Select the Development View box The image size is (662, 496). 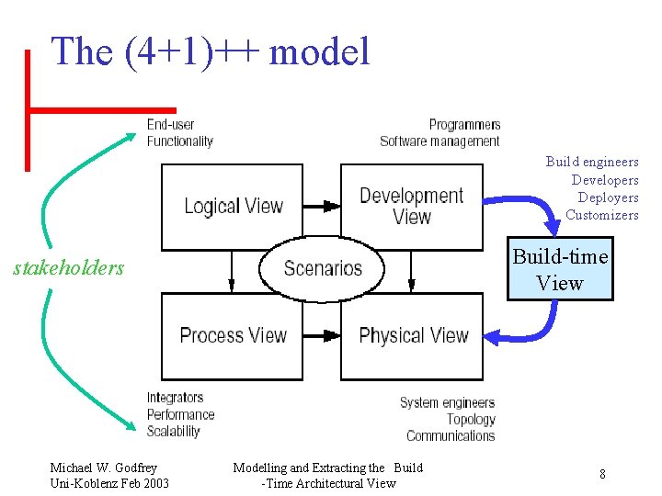pyautogui.click(x=411, y=207)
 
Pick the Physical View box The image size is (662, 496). pyautogui.click(x=412, y=336)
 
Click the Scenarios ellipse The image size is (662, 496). pyautogui.click(x=323, y=268)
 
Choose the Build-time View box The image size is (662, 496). pyautogui.click(x=560, y=269)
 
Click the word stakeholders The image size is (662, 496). pyautogui.click(x=68, y=268)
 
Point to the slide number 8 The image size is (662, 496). pyautogui.click(x=602, y=474)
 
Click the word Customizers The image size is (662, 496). pyautogui.click(x=601, y=215)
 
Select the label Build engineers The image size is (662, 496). pyautogui.click(x=591, y=162)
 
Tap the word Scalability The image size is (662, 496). pyautogui.click(x=173, y=431)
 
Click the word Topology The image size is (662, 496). pyautogui.click(x=471, y=419)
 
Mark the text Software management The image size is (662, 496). pyautogui.click(x=439, y=141)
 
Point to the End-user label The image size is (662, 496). pyautogui.click(x=171, y=125)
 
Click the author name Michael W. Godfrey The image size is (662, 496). pyautogui.click(x=103, y=468)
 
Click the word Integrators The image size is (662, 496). pyautogui.click(x=175, y=398)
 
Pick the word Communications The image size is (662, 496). pyautogui.click(x=451, y=435)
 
